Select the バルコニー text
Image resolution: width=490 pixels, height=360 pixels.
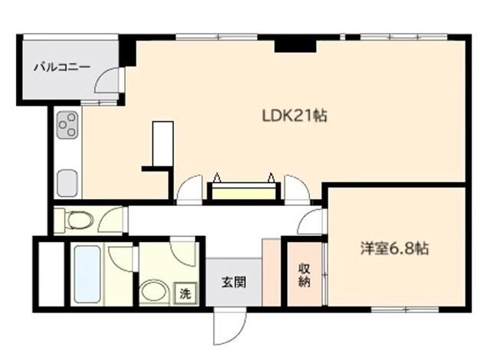tap(62, 67)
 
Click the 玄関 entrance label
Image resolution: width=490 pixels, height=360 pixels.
tap(234, 282)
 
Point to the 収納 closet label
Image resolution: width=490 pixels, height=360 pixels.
tap(304, 276)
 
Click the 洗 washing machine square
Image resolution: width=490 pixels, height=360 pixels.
tap(185, 292)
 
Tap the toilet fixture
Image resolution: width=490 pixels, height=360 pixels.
tap(77, 221)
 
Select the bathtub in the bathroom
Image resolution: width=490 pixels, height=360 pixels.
tap(87, 274)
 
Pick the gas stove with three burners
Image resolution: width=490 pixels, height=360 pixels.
tap(67, 126)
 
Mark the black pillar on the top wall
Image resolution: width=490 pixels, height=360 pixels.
tap(294, 45)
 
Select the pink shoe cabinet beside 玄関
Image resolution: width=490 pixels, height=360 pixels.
tap(271, 273)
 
